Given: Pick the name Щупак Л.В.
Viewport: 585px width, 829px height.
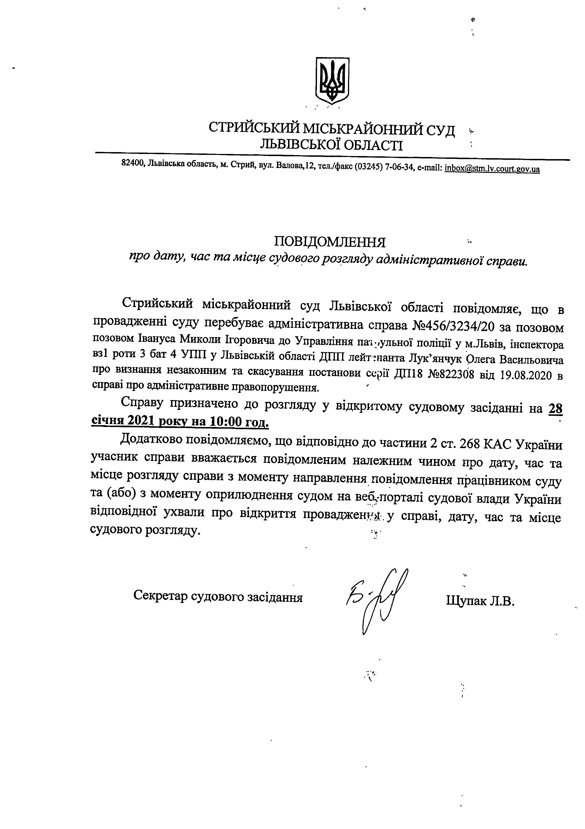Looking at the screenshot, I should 480,601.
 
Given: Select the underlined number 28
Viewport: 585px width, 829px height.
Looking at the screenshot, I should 555,408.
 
